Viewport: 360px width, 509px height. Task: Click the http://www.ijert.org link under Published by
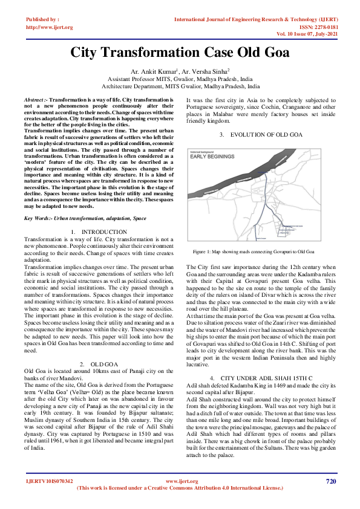[x=50, y=27]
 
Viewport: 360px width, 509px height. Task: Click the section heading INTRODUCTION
[x=103, y=232]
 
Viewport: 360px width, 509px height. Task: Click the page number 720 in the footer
[x=330, y=481]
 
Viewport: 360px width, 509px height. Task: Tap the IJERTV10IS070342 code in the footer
[x=49, y=482]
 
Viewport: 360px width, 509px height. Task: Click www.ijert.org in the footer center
[x=182, y=482]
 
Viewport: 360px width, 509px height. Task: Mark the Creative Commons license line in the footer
[x=180, y=488]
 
